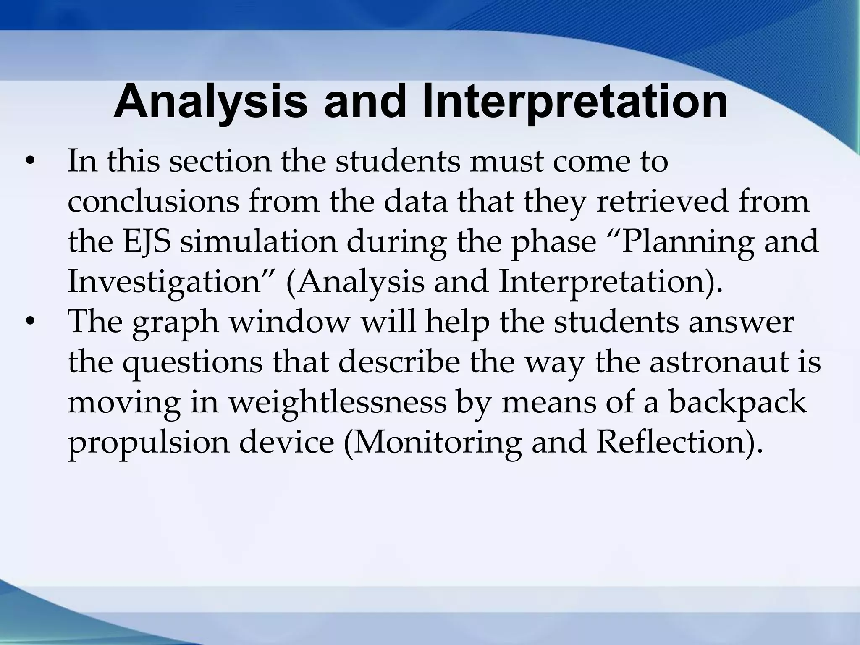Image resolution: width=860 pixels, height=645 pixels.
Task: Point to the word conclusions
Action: [153, 202]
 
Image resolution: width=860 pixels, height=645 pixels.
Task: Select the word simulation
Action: [259, 242]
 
